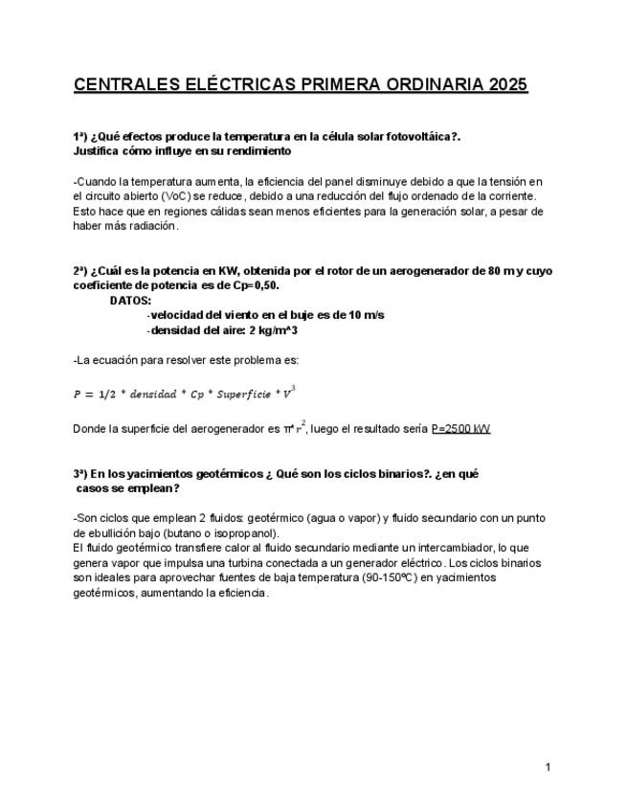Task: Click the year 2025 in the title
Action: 507,85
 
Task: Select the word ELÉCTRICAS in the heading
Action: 236,85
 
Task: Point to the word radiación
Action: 151,226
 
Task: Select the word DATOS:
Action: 130,300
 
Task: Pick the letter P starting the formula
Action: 78,394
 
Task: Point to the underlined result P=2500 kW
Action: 460,428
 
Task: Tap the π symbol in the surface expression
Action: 286,428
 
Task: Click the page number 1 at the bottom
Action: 547,766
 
